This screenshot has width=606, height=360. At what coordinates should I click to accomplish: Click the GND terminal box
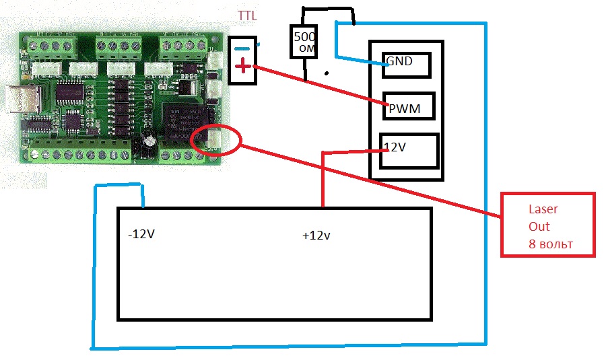tap(406, 65)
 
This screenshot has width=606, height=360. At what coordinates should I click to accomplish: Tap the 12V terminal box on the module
tap(410, 151)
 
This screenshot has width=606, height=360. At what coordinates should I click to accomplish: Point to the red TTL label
tap(246, 15)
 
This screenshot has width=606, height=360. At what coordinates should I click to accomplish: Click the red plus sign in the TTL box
tap(243, 66)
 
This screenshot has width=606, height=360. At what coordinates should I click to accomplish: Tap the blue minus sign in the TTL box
tap(242, 48)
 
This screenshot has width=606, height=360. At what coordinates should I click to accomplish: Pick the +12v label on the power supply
tap(316, 236)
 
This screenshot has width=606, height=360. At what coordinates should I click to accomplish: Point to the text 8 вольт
tap(550, 244)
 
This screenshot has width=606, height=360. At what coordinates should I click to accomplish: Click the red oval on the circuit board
tap(215, 139)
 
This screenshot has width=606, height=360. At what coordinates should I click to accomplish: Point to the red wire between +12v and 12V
tap(323, 178)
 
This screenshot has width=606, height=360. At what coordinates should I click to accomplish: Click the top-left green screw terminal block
tap(55, 45)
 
